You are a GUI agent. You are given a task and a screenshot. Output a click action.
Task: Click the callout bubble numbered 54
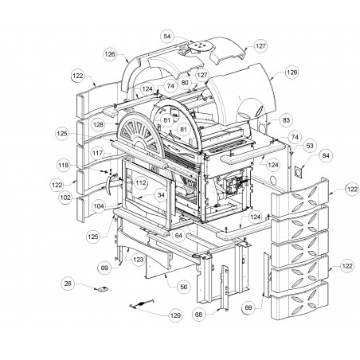click(x=167, y=37)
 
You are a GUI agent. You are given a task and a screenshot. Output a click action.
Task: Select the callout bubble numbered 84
click(x=326, y=155)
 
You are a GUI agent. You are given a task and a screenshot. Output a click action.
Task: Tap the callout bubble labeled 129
click(x=175, y=315)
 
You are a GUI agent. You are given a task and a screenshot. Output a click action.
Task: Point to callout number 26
click(x=68, y=284)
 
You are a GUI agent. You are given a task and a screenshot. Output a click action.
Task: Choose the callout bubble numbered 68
click(x=198, y=315)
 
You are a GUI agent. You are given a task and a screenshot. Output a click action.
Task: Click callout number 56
click(x=184, y=287)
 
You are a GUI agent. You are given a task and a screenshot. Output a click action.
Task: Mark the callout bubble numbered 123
click(x=139, y=260)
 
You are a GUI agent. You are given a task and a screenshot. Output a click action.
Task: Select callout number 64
click(x=178, y=236)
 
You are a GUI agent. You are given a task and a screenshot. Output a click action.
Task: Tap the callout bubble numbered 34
click(x=161, y=195)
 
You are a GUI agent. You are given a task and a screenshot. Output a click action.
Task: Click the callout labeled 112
click(x=141, y=183)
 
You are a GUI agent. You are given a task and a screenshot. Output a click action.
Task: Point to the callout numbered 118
click(x=63, y=166)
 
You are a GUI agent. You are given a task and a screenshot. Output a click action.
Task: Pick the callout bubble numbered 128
click(x=99, y=124)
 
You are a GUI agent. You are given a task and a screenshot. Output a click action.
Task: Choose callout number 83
click(x=286, y=120)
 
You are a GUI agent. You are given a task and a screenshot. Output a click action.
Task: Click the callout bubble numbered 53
click(x=310, y=146)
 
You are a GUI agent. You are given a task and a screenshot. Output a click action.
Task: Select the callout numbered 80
click(x=185, y=83)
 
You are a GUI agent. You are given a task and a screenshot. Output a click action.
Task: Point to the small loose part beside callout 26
click(x=102, y=289)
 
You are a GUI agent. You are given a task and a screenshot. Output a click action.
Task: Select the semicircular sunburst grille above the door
click(x=141, y=133)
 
